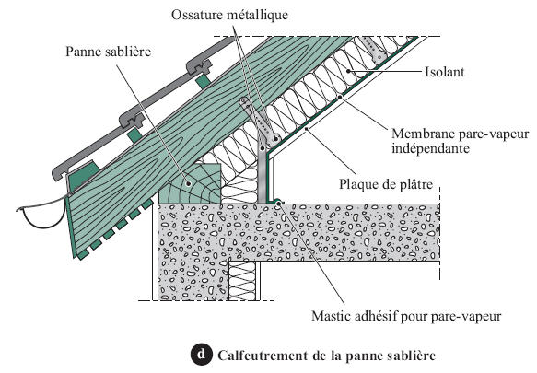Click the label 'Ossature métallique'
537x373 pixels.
[x=229, y=15]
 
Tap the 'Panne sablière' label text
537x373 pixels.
[x=108, y=52]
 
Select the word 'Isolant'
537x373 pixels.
[x=445, y=72]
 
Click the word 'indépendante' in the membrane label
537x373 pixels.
[x=430, y=148]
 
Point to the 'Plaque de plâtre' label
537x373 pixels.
[x=386, y=184]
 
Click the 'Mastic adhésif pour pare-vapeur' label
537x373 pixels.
[x=406, y=316]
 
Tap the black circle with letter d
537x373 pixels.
[x=201, y=354]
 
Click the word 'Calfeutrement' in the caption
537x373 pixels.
[x=263, y=356]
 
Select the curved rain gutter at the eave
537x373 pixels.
[x=41, y=214]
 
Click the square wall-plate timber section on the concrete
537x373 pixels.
[x=190, y=183]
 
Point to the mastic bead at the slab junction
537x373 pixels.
[x=278, y=202]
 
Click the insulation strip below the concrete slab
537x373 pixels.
[x=242, y=281]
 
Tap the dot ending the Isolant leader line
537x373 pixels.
[x=348, y=71]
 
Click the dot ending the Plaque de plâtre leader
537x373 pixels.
[x=306, y=128]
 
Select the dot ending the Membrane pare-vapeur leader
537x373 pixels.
[x=340, y=98]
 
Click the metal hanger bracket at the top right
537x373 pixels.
[x=373, y=49]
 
